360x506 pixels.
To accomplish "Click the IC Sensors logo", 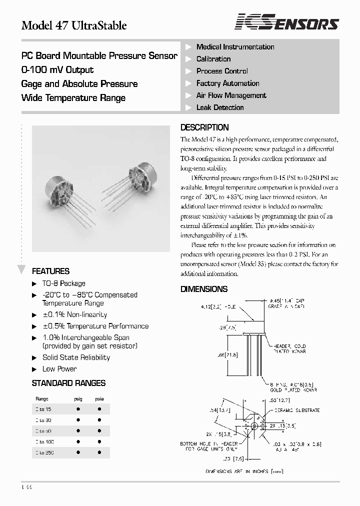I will tap(287, 22).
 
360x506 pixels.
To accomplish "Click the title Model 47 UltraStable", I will tap(74, 25).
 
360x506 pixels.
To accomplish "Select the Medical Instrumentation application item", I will tap(235, 47).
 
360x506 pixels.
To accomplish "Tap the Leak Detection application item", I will tap(220, 107).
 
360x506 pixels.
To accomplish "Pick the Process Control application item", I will tap(222, 71).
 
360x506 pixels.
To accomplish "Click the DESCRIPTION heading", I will tap(204, 127).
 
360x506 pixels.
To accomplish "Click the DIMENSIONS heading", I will tap(204, 289).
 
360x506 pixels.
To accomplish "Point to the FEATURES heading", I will tap(50, 271).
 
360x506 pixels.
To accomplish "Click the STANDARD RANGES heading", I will tap(68, 383).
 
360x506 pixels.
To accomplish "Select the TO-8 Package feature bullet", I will tap(63, 283).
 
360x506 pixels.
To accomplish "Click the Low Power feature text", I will tap(59, 369).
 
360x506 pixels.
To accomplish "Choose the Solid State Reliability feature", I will tap(76, 357).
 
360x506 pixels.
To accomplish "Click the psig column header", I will tap(78, 399).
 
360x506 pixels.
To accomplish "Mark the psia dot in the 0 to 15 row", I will tap(99, 409).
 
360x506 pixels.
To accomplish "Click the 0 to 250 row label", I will tap(45, 452).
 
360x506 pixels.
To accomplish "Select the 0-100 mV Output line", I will tap(57, 70).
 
